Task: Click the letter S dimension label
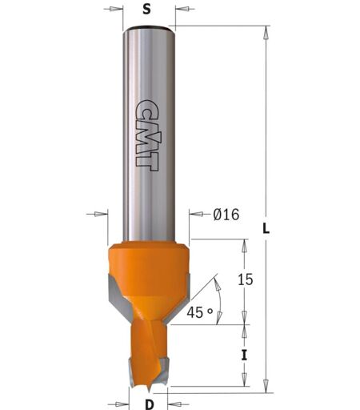[146, 10]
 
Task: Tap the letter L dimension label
[266, 228]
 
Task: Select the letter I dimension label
[244, 356]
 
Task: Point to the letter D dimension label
[150, 404]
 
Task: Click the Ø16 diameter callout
[226, 215]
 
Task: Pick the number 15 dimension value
[245, 279]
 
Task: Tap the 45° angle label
[200, 312]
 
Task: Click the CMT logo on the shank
[146, 135]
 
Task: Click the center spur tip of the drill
[148, 390]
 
